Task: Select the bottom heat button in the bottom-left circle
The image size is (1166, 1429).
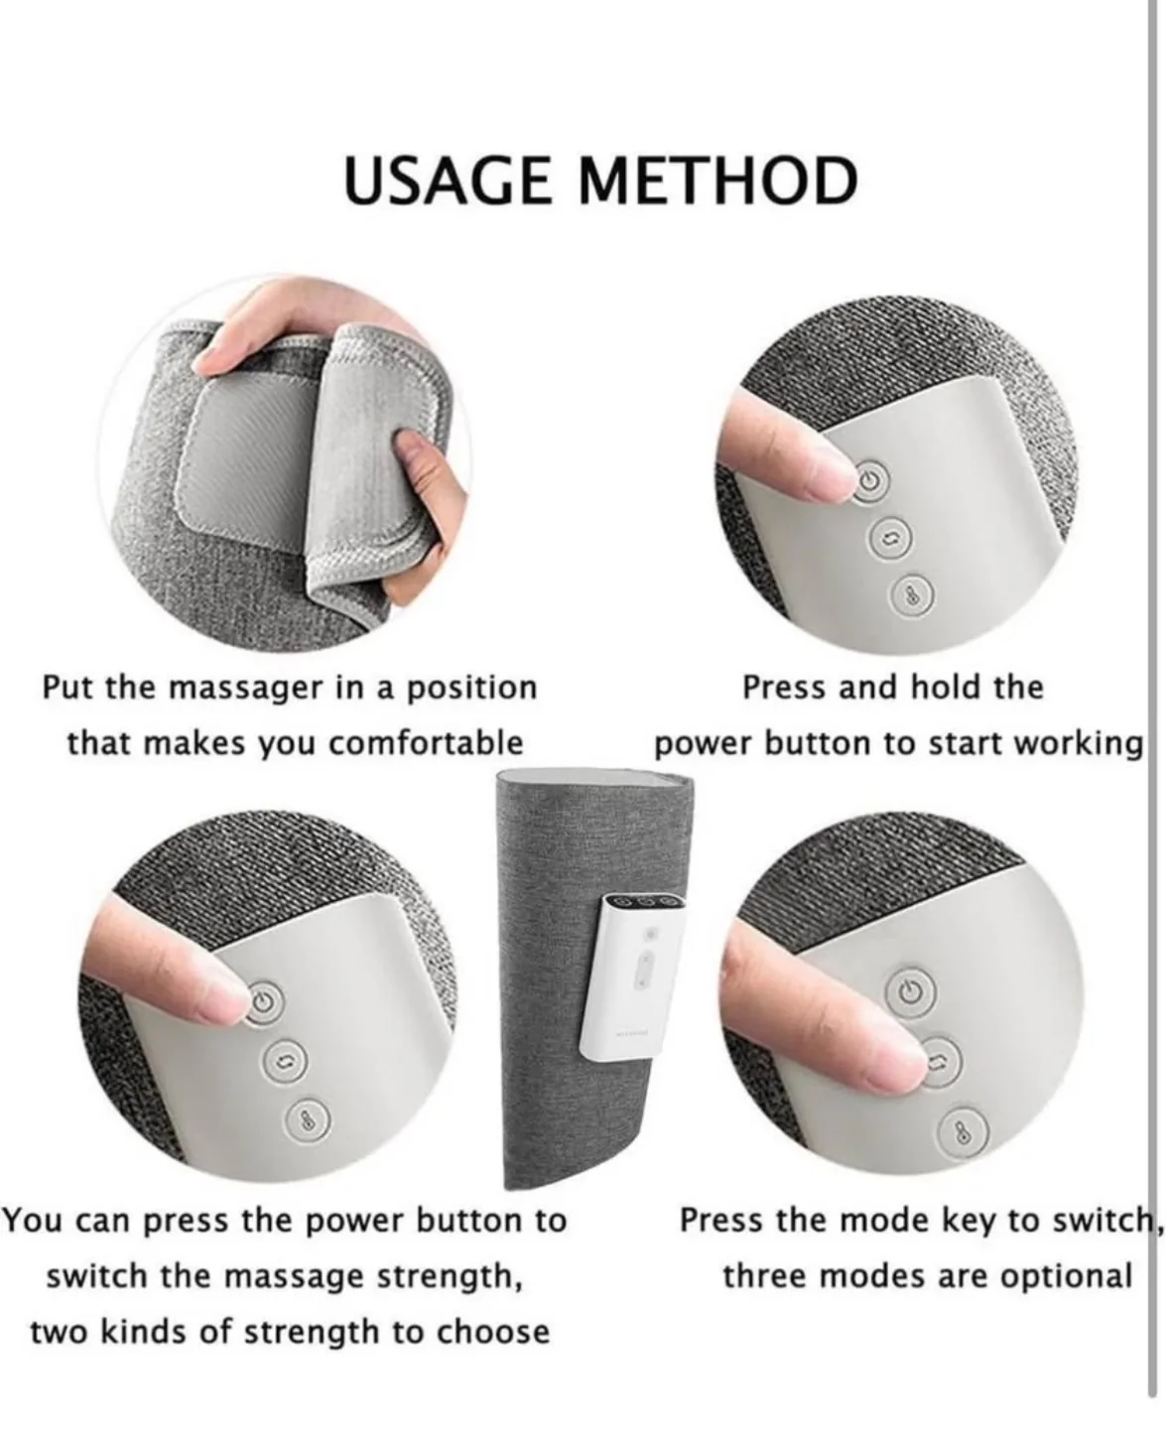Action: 302,1119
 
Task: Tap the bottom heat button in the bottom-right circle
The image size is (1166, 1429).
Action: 960,1133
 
